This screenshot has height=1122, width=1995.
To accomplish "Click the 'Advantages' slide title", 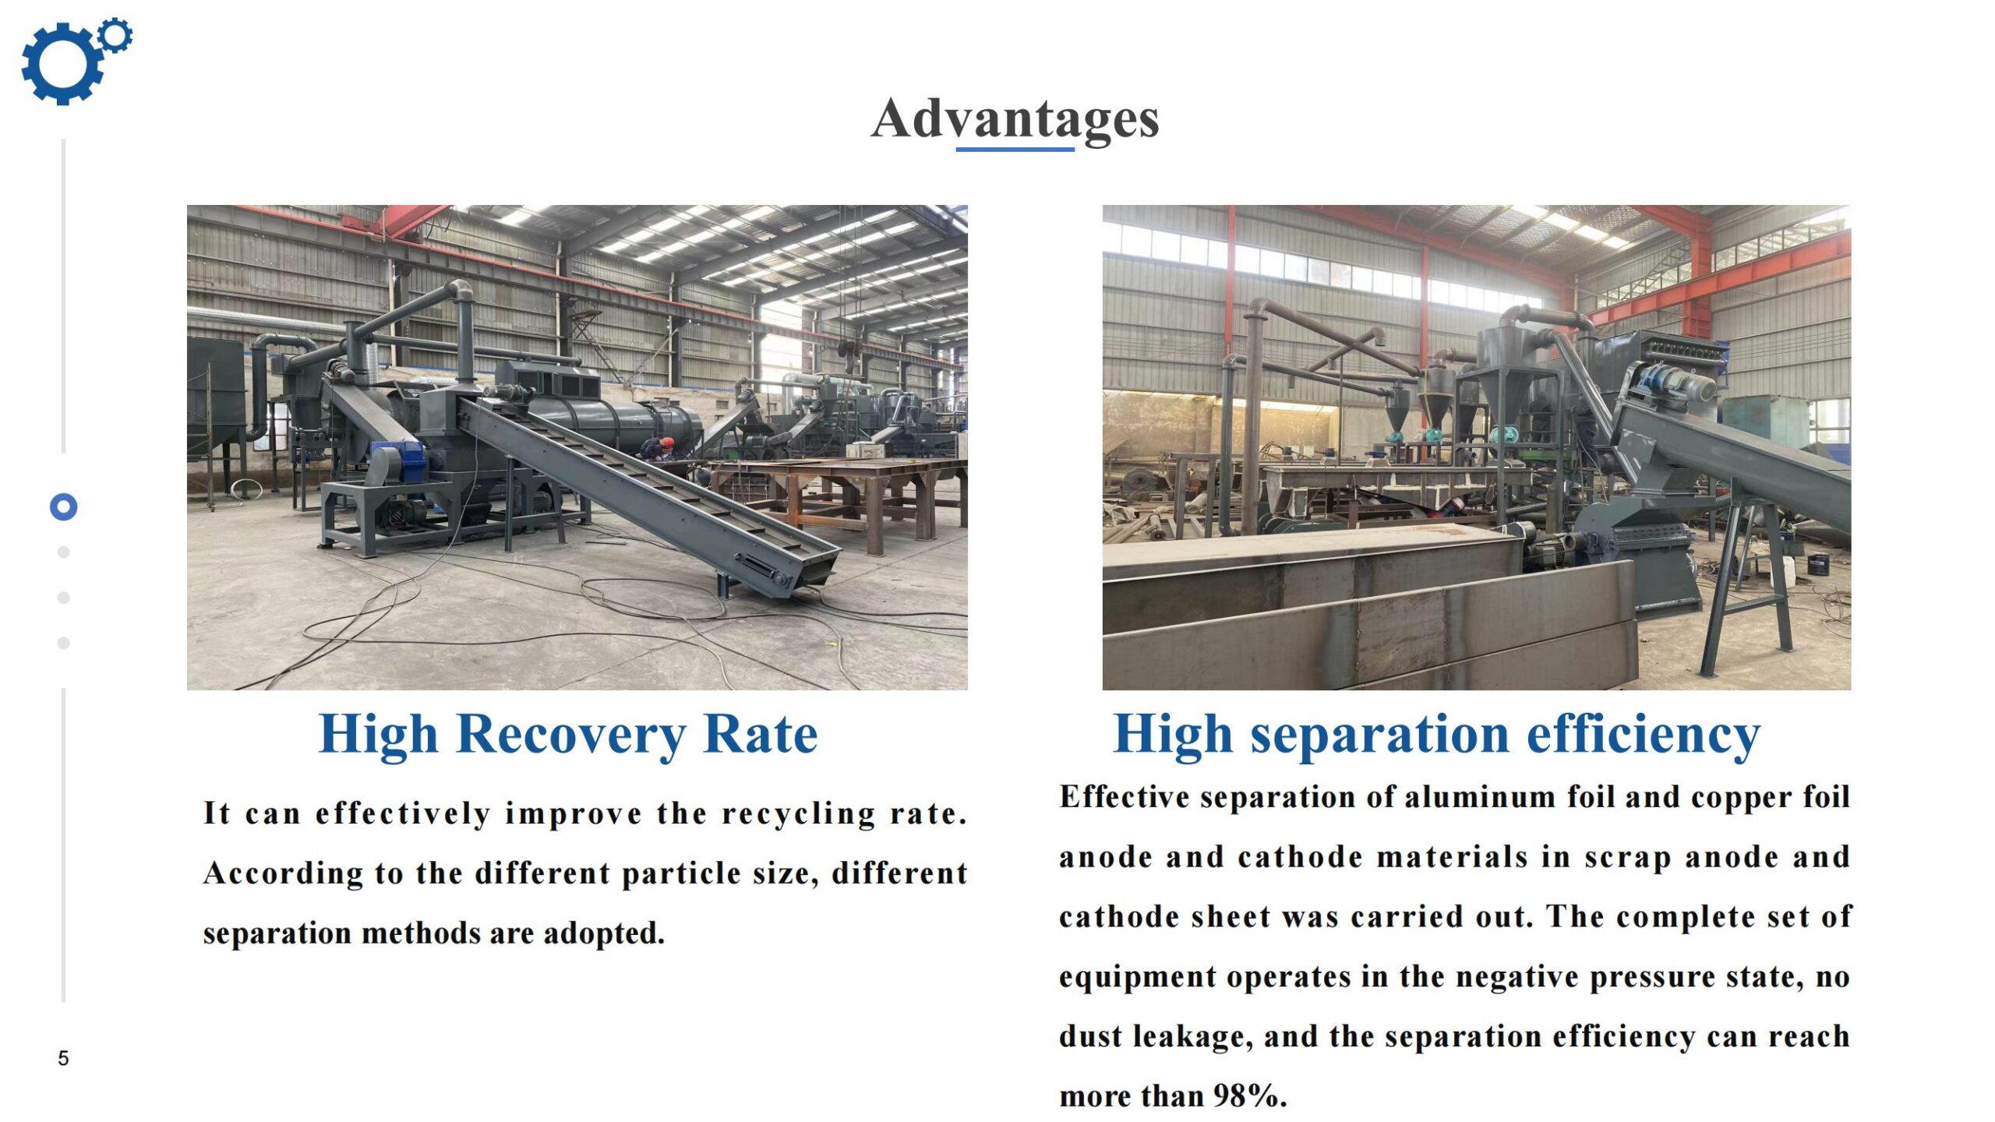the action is pos(1015,119).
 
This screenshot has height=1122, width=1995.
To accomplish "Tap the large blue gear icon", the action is pos(61,64).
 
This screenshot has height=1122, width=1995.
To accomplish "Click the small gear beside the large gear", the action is pos(116,35).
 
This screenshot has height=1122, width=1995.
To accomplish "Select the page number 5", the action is pos(63,1058).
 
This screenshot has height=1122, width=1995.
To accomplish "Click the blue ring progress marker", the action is pos(63,507).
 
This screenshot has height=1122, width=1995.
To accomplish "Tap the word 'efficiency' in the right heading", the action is pos(1644,735).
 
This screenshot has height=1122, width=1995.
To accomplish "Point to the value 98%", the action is pos(1250,1096).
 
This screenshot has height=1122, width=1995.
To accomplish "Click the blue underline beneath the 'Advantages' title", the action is pos(1015,148).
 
